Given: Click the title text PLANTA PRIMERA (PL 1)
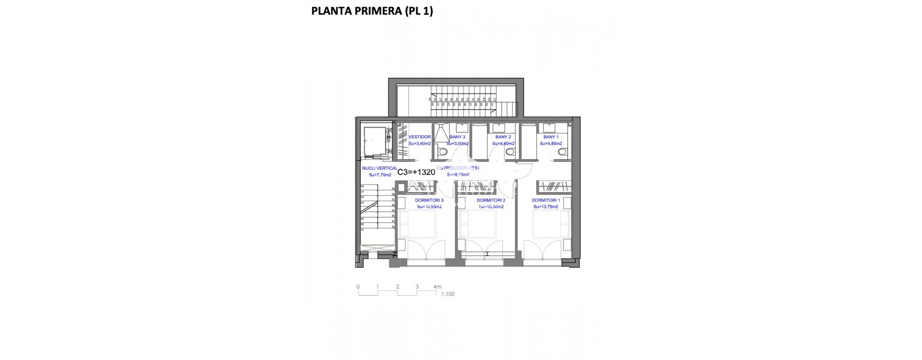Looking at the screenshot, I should click(x=372, y=11).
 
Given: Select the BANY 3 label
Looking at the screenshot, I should click(x=457, y=137).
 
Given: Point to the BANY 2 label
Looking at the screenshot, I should click(x=503, y=137).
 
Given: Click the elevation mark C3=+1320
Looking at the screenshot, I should click(x=416, y=172).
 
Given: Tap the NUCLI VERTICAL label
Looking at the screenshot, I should click(x=379, y=168).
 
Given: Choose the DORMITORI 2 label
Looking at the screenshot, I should click(x=491, y=200).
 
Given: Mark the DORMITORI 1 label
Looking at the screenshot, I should click(x=546, y=200).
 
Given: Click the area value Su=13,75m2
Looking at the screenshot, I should click(x=546, y=207).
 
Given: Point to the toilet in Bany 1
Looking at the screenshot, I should click(x=561, y=152).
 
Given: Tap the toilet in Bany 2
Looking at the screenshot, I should click(x=510, y=152).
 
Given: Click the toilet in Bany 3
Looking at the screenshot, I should click(x=441, y=152).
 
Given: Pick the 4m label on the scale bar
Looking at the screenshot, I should click(x=437, y=287).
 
